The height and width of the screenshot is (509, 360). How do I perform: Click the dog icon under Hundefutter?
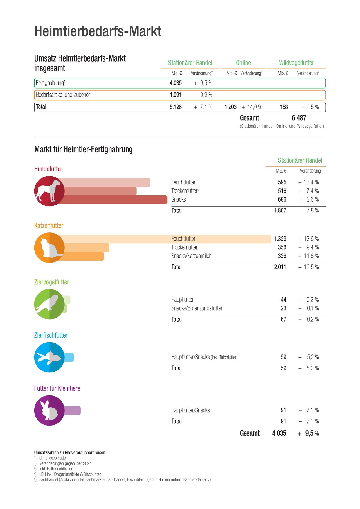[49, 191]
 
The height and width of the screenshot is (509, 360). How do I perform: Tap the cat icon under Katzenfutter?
[49, 248]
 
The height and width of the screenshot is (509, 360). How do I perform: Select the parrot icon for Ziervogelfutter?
[49, 304]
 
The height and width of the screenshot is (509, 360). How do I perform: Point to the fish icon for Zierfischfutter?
[49, 357]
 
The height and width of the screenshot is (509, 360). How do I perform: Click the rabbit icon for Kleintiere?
[49, 410]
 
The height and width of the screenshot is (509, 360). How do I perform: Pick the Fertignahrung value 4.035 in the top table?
[175, 83]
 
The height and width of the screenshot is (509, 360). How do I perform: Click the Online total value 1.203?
[231, 107]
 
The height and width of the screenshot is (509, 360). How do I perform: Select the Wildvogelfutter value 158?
[284, 107]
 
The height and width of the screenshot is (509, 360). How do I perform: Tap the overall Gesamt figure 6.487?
[299, 118]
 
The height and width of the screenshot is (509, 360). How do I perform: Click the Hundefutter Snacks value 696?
[282, 199]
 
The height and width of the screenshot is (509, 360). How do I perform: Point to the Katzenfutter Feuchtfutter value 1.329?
[280, 239]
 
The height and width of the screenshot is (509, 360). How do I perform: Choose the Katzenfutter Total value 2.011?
[280, 267]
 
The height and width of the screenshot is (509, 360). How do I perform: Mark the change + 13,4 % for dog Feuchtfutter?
[309, 182]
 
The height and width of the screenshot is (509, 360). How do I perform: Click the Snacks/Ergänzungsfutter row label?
[197, 308]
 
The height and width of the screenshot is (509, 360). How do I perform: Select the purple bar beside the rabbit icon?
[72, 410]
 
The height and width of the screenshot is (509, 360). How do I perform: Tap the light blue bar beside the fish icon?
[69, 357]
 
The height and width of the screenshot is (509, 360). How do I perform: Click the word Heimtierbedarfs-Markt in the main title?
[98, 31]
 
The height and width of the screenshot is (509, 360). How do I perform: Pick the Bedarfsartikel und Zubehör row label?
[63, 95]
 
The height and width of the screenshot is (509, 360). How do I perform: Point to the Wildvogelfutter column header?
[296, 63]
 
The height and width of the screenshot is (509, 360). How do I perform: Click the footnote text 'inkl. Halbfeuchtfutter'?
[56, 469]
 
